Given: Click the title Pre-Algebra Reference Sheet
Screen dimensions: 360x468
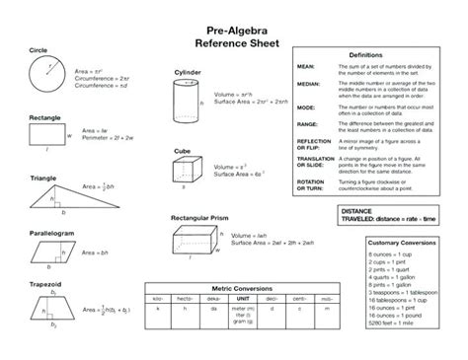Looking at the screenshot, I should point(233,36).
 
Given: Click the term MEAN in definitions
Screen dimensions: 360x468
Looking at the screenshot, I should point(306,65).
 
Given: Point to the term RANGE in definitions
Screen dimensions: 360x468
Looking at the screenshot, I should point(307,123).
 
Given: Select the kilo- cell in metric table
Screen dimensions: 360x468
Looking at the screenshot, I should point(159,297).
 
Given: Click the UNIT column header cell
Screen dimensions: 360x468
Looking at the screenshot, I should point(241,297).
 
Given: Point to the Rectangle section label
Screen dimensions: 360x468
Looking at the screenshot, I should point(32,117).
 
